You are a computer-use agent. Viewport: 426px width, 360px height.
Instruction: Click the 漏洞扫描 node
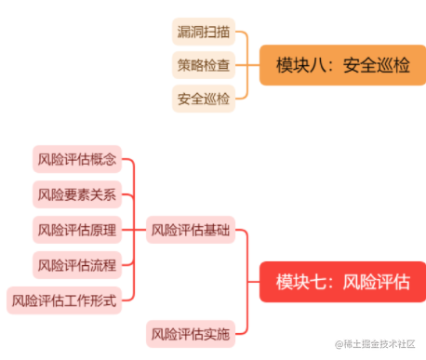coord(204,33)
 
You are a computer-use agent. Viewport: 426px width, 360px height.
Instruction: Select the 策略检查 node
coord(204,65)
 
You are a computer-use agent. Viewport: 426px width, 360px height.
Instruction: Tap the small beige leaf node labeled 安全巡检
coord(204,98)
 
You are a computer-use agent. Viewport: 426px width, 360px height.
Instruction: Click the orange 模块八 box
coord(341,65)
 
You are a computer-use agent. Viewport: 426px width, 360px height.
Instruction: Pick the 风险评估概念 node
coord(78,159)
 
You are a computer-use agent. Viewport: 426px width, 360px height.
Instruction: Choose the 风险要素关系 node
coord(78,194)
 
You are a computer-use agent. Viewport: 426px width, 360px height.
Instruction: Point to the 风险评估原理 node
coord(78,229)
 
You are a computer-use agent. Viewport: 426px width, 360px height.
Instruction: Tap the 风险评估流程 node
coord(78,265)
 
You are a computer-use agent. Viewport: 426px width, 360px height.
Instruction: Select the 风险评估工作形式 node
coord(65,300)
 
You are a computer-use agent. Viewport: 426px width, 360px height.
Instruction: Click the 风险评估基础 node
coord(190,229)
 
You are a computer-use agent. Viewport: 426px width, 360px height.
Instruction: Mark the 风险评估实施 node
coord(190,331)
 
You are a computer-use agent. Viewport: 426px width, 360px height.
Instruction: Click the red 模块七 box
coord(341,281)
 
